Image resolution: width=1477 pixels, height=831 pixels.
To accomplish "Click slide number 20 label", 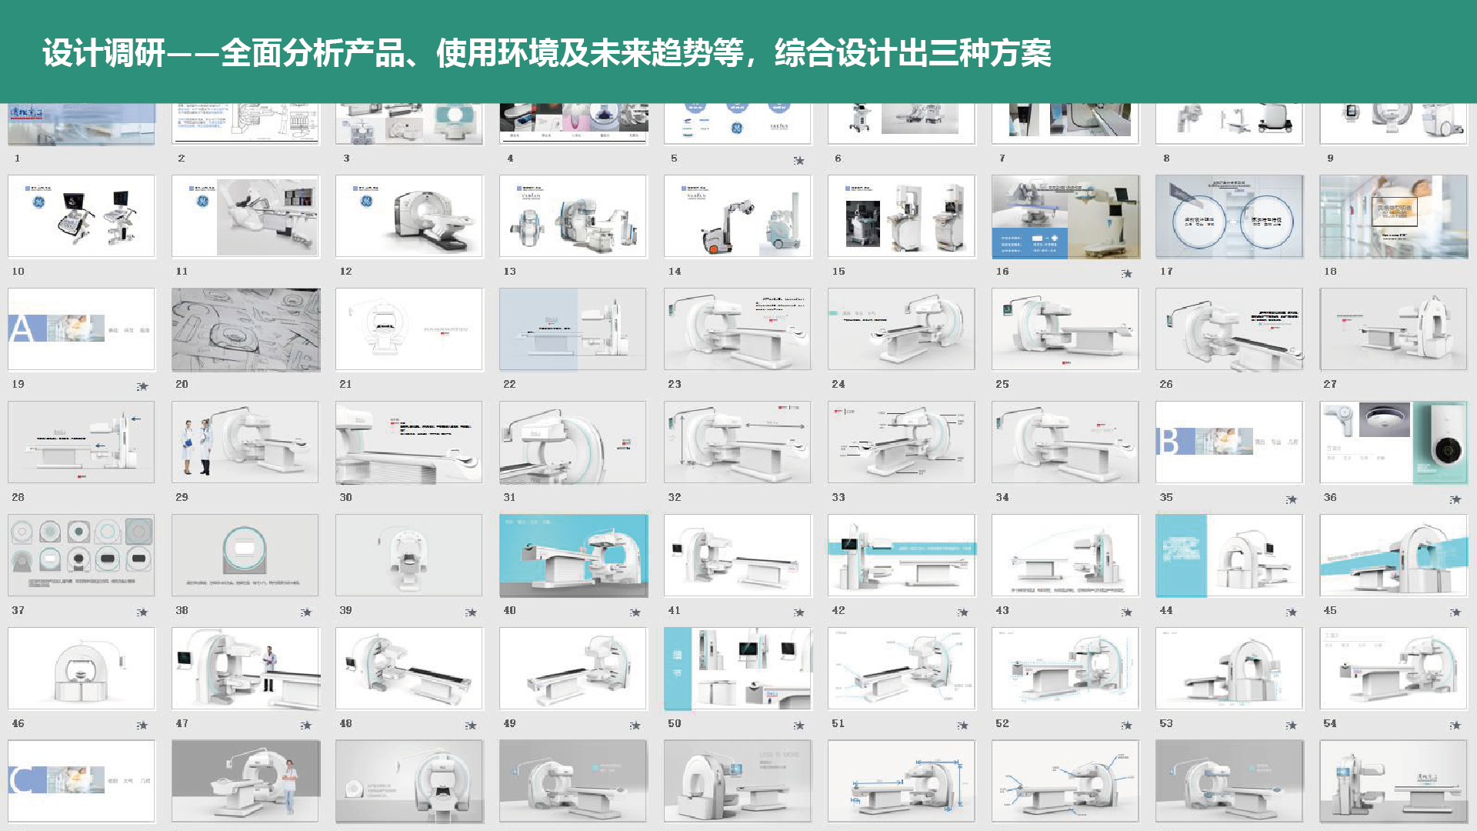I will coord(182,384).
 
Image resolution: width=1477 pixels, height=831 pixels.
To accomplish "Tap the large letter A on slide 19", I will coord(22,329).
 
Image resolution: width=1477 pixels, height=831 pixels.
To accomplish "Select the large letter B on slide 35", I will coord(1169,442).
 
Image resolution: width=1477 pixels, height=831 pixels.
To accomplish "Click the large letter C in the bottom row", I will coord(22,780).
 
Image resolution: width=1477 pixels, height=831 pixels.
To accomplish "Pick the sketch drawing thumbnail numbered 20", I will coord(245,329).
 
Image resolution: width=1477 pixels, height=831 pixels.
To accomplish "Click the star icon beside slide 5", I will coord(799,161).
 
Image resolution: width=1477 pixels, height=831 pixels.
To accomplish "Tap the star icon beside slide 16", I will coord(1127,274).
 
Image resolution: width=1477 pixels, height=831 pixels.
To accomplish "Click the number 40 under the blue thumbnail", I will coord(509,610).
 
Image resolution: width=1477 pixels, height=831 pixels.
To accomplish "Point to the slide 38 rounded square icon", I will coord(245,549).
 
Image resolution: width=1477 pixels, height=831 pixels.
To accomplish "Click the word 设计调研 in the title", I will coord(103,53).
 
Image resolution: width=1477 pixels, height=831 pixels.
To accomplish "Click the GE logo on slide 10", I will coord(38,202).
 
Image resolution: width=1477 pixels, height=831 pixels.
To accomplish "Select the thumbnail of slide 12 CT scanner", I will coord(408,216).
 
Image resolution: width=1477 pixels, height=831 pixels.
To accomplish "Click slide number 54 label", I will coord(1329,723).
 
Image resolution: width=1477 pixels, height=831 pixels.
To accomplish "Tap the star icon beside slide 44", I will coord(1291,612).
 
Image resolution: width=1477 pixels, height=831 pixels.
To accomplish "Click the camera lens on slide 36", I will coord(1448,449).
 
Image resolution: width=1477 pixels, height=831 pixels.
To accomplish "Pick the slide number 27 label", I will coord(1329,384).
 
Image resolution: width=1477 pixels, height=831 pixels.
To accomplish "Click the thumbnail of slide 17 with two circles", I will coord(1229,216).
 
